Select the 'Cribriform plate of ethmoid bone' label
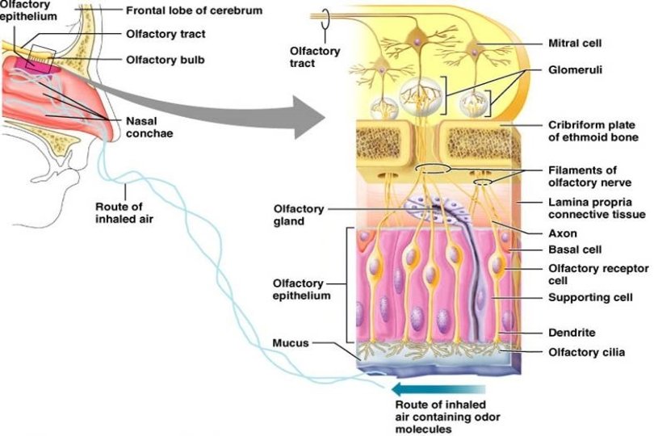tap(592, 132)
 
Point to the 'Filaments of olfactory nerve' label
tap(582, 177)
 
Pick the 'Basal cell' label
tap(574, 249)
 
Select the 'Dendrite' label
tap(572, 332)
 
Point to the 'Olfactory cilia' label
tap(586, 351)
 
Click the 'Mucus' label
tap(289, 342)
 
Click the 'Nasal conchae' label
tap(148, 128)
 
